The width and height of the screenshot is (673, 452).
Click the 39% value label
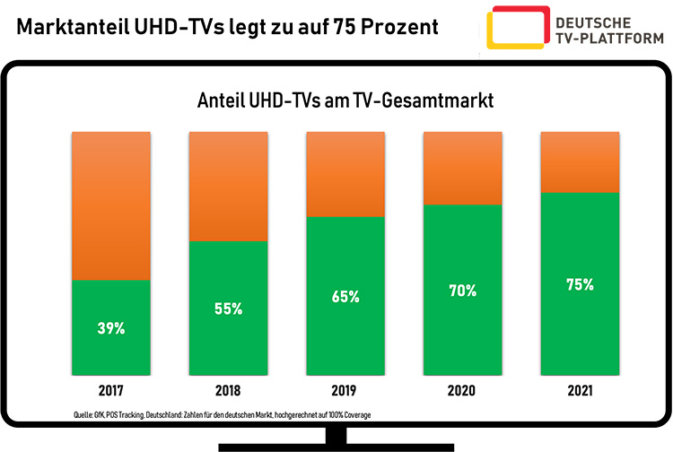pos(111,328)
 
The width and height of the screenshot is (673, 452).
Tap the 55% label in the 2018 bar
pos(228,309)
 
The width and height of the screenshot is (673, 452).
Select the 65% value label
pos(345,296)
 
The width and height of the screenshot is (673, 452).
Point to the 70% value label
pos(463,291)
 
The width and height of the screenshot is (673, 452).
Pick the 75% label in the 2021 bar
pos(580,285)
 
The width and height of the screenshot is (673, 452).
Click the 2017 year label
pos(111,392)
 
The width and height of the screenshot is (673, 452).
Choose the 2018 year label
pos(228,392)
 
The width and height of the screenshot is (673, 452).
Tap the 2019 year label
pos(345,392)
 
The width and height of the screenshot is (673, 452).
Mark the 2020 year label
pos(463,392)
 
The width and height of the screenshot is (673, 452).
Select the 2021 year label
pos(580,392)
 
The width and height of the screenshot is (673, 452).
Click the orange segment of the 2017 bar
pos(111,205)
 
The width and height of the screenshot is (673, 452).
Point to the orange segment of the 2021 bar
pos(580,161)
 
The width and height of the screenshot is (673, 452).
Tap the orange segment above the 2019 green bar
pos(345,174)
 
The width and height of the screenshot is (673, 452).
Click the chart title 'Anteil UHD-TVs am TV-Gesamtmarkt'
pos(345,101)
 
